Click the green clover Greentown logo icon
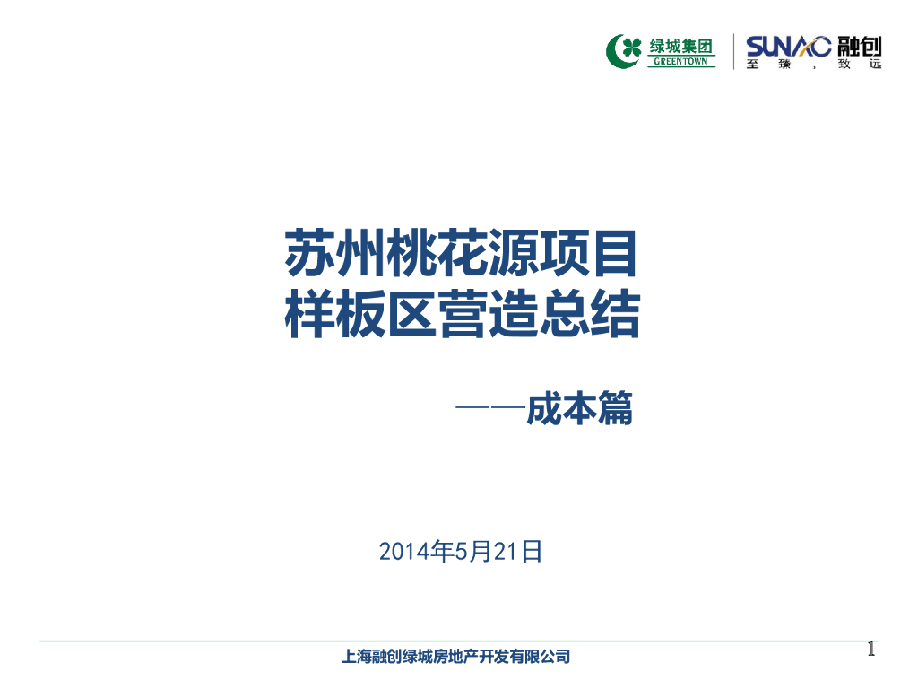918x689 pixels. pyautogui.click(x=625, y=51)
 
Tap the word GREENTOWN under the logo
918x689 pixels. pyautogui.click(x=681, y=62)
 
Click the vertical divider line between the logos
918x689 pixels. pyautogui.click(x=734, y=51)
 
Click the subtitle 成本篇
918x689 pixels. pyautogui.click(x=579, y=410)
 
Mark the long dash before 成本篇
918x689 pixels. pyautogui.click(x=489, y=409)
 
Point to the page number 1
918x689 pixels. pyautogui.click(x=870, y=650)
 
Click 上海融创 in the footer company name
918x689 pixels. pyautogui.click(x=370, y=657)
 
